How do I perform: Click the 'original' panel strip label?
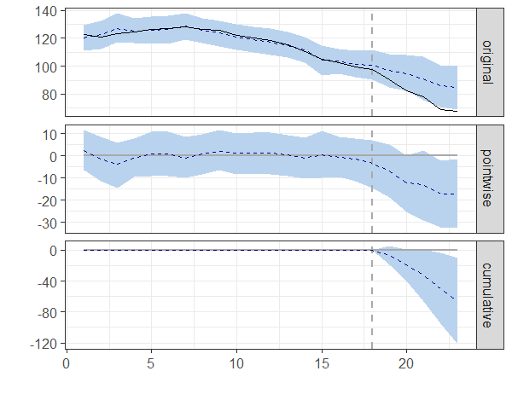coord(486,61)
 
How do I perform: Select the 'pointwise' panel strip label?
coord(486,178)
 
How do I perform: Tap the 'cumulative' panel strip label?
coord(486,295)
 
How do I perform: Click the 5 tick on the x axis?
coord(151,364)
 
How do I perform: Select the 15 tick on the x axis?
coord(322,364)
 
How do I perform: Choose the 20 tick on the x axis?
coord(406,364)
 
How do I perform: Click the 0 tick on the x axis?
coord(67,364)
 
